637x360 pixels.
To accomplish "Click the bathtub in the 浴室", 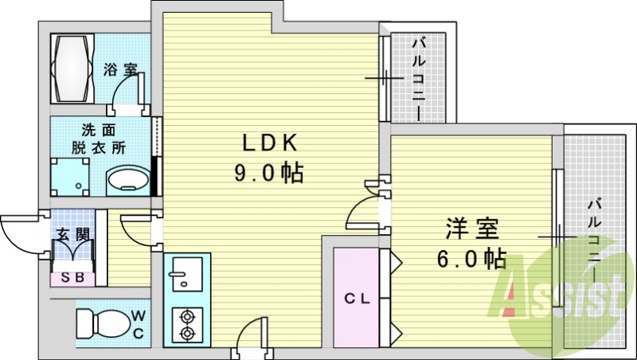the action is pyautogui.click(x=72, y=68).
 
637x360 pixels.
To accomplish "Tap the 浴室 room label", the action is pyautogui.click(x=120, y=70).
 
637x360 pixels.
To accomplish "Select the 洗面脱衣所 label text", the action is pyautogui.click(x=99, y=139).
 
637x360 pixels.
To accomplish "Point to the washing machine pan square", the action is pyautogui.click(x=70, y=177).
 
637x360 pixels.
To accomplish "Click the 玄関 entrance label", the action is pyautogui.click(x=73, y=235).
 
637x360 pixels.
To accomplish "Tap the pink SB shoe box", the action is pyautogui.click(x=72, y=279).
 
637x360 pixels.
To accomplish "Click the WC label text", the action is pyautogui.click(x=139, y=324).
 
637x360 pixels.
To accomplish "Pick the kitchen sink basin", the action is pyautogui.click(x=187, y=274).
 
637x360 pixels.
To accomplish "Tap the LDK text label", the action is pyautogui.click(x=270, y=143).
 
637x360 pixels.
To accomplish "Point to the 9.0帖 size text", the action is pyautogui.click(x=269, y=174).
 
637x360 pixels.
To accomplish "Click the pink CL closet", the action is pyautogui.click(x=356, y=297).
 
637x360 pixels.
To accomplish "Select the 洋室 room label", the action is pyautogui.click(x=472, y=229).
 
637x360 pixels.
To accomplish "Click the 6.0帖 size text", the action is pyautogui.click(x=471, y=259).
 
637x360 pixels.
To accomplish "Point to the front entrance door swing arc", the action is pyautogui.click(x=16, y=240).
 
